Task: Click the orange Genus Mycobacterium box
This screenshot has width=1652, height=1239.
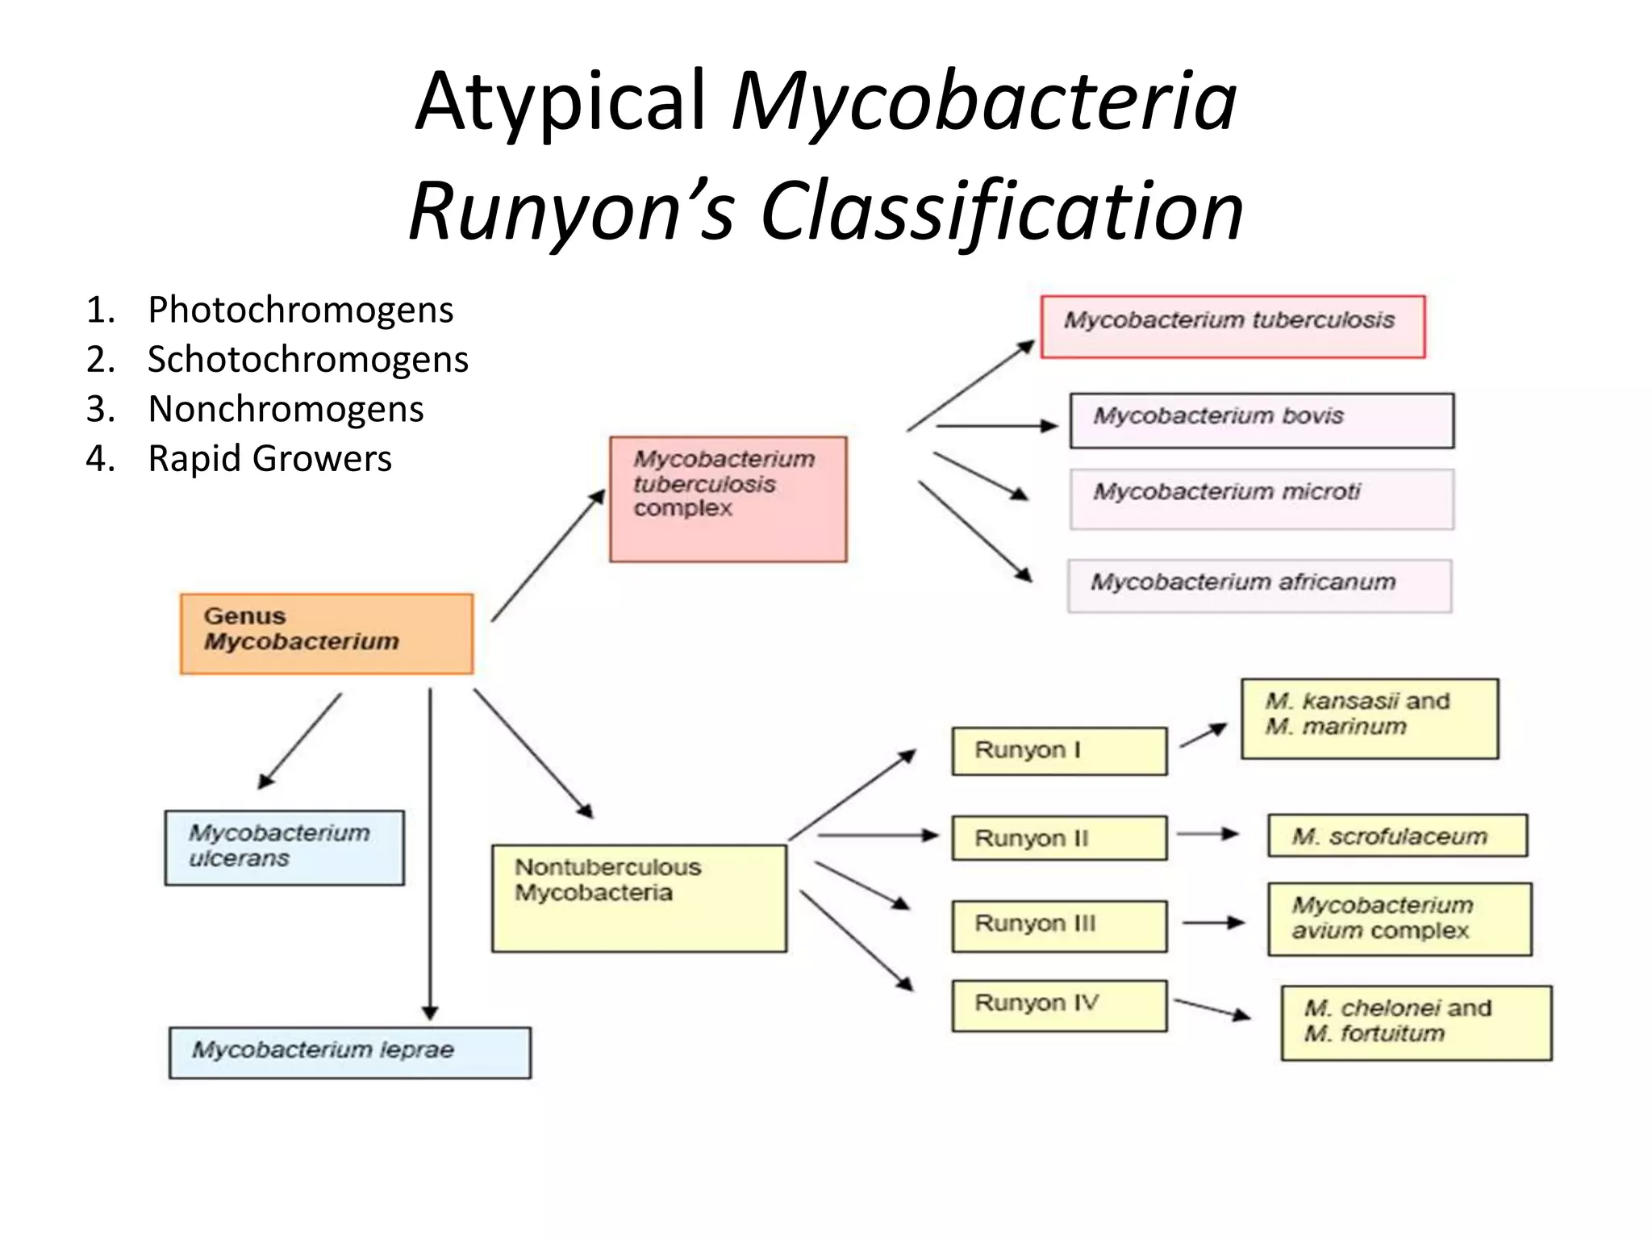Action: coord(327,633)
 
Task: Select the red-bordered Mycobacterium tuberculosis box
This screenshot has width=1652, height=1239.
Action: coord(1233,327)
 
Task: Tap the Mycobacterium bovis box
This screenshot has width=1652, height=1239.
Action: coord(1262,420)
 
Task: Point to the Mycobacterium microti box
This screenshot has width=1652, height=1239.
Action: coord(1262,499)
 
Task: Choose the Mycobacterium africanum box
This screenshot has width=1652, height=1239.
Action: coord(1259,586)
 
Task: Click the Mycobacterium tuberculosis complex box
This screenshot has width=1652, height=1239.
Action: coord(728,499)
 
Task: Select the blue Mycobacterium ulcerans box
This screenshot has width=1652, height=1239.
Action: coord(284,848)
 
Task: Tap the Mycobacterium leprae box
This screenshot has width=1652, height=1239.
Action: coord(349,1052)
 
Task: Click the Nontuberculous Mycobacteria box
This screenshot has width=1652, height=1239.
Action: coord(639,898)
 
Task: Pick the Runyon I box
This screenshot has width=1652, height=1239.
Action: coord(1059,751)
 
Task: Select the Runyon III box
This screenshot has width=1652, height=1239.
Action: coord(1059,925)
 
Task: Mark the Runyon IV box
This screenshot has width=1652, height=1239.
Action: coord(1059,1005)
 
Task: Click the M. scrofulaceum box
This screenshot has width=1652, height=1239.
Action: coord(1397,836)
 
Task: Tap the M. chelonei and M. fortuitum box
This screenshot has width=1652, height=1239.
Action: coord(1416,1022)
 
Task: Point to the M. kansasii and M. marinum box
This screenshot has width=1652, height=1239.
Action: coord(1369,718)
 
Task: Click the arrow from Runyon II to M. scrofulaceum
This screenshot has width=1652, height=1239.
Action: coord(1208,834)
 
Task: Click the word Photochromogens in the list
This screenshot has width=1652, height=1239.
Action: coord(300,310)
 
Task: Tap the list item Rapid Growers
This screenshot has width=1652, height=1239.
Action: coord(269,458)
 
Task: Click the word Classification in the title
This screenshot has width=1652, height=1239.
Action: coord(1001,211)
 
